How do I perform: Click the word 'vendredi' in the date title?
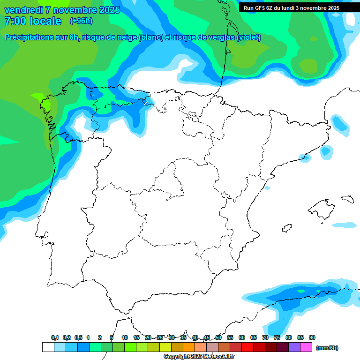(x=23, y=10)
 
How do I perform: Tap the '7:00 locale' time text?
(x=33, y=21)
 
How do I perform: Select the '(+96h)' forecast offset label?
(x=81, y=21)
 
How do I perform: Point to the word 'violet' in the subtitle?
(x=247, y=37)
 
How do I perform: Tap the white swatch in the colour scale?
(x=48, y=347)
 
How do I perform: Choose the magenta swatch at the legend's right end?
(x=306, y=347)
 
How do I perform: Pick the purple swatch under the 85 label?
(x=294, y=347)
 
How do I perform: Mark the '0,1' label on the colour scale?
(x=55, y=337)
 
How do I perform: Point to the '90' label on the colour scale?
(x=312, y=337)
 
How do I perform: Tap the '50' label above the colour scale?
(x=218, y=337)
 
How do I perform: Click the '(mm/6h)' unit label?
(x=327, y=348)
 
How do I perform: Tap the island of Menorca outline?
(x=347, y=199)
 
